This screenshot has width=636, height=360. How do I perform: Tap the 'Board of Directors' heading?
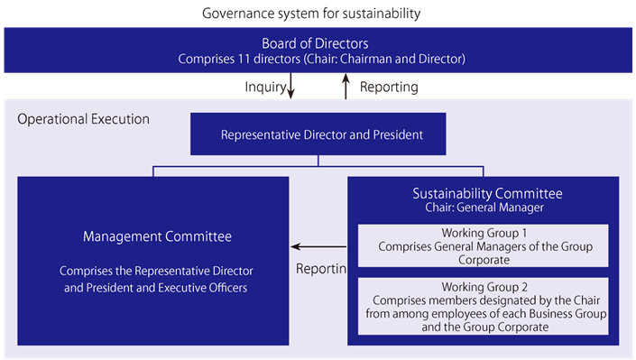tap(315, 43)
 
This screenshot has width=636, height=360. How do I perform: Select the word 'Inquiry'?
tap(265, 88)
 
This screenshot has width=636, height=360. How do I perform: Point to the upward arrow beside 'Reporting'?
tap(346, 87)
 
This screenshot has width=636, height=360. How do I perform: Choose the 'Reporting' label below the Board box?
tap(389, 88)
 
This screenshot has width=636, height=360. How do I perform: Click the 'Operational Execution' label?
tap(84, 119)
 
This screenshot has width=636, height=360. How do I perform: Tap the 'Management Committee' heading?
tap(157, 236)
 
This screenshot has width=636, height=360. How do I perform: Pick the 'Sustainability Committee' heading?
tap(487, 193)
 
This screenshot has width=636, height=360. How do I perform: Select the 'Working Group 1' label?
tap(484, 231)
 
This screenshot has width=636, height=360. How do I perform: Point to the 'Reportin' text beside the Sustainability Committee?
tap(321, 270)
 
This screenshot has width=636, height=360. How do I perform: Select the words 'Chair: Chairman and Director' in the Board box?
tap(389, 59)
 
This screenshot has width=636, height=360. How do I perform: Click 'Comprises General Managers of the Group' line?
tap(483, 245)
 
